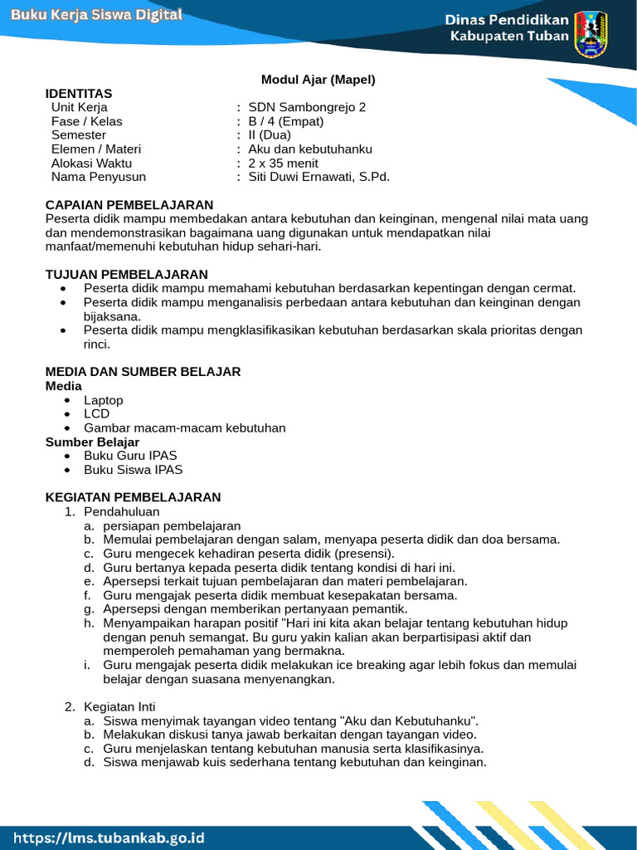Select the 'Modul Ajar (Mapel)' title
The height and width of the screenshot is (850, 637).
tap(318, 80)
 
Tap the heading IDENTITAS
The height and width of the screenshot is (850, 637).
tap(79, 93)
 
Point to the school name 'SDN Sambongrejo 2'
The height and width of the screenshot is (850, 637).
tap(307, 107)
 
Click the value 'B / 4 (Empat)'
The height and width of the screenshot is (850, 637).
tap(286, 121)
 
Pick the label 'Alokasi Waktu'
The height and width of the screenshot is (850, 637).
tap(91, 163)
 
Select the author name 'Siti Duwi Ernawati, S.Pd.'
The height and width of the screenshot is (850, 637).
tap(319, 176)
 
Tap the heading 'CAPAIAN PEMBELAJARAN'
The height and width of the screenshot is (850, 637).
tap(129, 204)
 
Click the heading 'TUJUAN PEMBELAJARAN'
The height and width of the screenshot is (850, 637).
tap(127, 274)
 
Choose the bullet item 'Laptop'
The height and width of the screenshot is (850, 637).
tap(104, 400)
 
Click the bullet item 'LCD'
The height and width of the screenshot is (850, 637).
tap(96, 413)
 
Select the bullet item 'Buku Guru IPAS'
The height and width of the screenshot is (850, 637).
tap(130, 456)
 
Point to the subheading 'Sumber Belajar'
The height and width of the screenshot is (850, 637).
tap(93, 442)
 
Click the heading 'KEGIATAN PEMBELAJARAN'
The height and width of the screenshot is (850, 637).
tap(134, 497)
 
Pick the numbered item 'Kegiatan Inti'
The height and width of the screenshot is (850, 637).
tap(119, 706)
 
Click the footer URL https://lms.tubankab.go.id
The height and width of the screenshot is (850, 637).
tap(109, 838)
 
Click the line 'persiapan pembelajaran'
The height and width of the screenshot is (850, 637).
tap(172, 525)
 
